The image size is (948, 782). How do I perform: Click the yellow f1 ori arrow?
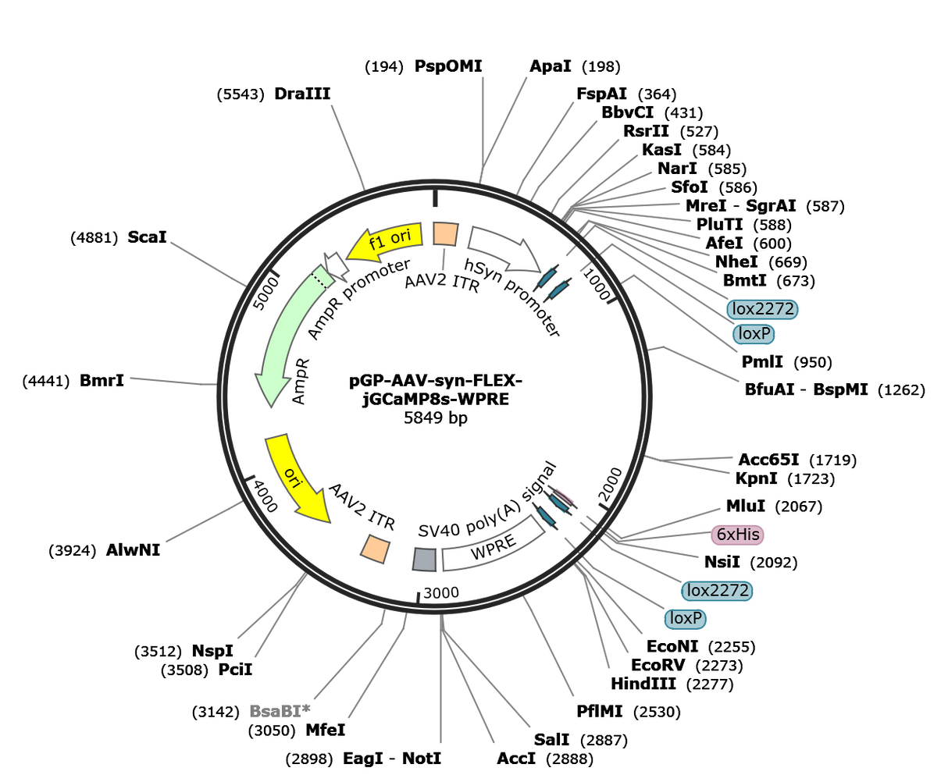click(x=385, y=242)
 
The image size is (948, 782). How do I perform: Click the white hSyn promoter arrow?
click(x=504, y=247)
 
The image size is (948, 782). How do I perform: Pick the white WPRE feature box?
click(x=494, y=544)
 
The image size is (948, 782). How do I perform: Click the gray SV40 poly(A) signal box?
click(x=425, y=559)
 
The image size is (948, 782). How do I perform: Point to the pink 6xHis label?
click(x=737, y=535)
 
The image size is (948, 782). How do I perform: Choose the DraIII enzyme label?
click(x=302, y=94)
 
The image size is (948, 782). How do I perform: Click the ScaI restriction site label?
click(x=147, y=237)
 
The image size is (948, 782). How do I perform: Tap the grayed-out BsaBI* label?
click(x=280, y=711)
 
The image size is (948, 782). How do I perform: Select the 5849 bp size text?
click(x=436, y=418)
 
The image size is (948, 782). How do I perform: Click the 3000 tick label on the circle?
click(x=441, y=592)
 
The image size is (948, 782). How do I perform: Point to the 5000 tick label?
click(x=266, y=293)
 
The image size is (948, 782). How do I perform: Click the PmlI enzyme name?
click(x=762, y=361)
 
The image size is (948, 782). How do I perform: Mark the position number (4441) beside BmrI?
click(x=46, y=381)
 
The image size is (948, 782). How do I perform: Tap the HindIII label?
click(x=643, y=684)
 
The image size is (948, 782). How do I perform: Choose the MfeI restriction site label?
click(x=325, y=730)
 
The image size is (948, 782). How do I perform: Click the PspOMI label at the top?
click(x=448, y=66)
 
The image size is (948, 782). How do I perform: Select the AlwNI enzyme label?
click(x=133, y=550)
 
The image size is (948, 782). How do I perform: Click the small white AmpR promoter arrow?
click(x=336, y=265)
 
